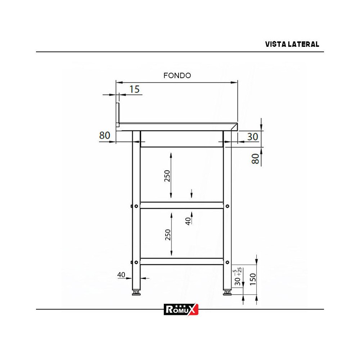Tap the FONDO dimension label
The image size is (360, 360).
coord(177,76)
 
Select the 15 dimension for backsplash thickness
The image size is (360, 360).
coord(134,89)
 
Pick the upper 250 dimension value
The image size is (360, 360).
coord(167,176)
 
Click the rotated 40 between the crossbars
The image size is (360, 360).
coord(188,220)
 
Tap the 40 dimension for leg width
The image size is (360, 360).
coord(121,275)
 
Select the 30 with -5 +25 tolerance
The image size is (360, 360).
coord(238,277)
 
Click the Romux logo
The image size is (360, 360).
coord(181,309)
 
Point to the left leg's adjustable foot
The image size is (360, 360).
coord(136,292)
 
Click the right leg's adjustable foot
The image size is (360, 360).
coord(227,292)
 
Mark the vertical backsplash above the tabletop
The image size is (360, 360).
coord(117,114)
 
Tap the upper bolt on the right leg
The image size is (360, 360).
coord(227,206)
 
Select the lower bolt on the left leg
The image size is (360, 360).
coord(136,262)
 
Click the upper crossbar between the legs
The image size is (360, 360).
coord(181,205)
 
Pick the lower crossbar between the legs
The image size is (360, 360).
coord(181,261)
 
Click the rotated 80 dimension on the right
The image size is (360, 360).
coord(255,159)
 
